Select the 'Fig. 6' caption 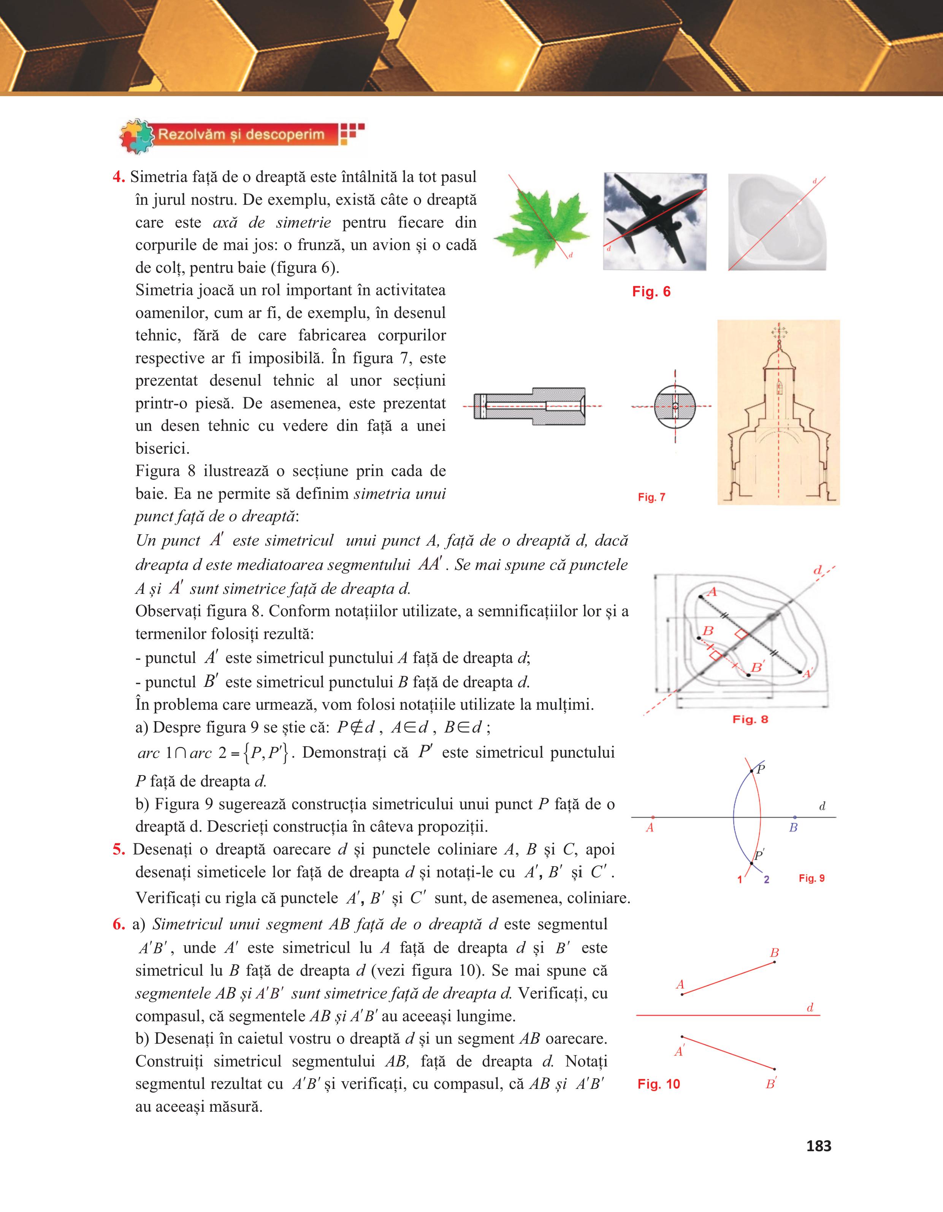point(651,292)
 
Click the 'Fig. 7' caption point(651,497)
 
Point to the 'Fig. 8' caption point(750,719)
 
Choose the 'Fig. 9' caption point(811,878)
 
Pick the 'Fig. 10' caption point(658,1084)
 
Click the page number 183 point(819,1146)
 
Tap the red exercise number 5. point(118,850)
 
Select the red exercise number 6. point(118,924)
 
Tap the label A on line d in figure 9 point(650,828)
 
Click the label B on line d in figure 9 point(793,828)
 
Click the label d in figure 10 point(810,1008)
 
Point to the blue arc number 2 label point(767,880)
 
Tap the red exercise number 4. point(118,177)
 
